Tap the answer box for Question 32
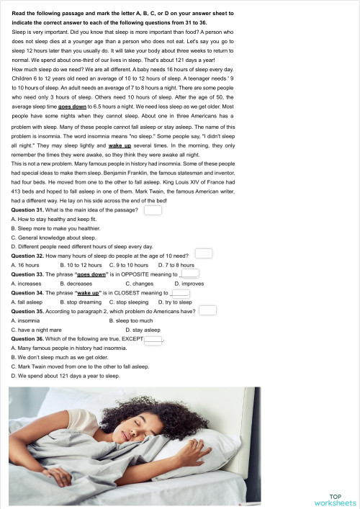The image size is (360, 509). click(x=204, y=253)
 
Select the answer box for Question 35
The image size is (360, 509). click(x=207, y=310)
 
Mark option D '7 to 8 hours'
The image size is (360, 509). click(x=176, y=265)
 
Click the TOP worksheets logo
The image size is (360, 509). click(x=335, y=499)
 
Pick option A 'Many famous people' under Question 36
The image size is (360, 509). click(x=68, y=348)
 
